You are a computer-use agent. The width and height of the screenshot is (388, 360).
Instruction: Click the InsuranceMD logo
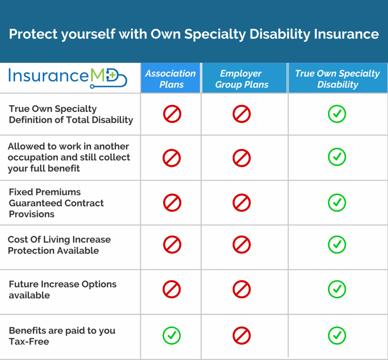click(x=67, y=77)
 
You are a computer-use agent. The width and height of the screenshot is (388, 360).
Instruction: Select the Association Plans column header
click(x=171, y=79)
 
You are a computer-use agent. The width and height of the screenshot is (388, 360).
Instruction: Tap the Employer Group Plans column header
click(x=242, y=79)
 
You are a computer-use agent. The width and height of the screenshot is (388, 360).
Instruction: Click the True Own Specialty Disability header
click(x=337, y=79)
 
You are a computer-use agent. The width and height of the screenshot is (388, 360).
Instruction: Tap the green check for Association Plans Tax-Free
click(x=172, y=335)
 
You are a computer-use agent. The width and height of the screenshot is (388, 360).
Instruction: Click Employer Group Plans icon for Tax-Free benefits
click(x=241, y=335)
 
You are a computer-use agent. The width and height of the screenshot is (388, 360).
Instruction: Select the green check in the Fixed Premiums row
click(x=337, y=203)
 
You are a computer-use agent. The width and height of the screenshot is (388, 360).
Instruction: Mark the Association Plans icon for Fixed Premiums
click(x=172, y=203)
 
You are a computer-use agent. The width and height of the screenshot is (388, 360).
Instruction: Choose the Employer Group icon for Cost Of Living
click(x=241, y=245)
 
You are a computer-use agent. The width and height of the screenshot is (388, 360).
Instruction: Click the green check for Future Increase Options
click(x=337, y=290)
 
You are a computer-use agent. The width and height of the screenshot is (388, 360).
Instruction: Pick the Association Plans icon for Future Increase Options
click(x=172, y=290)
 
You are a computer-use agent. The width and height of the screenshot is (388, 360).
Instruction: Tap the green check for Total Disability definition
click(x=337, y=114)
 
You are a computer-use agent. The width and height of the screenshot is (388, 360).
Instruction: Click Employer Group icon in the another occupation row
click(x=241, y=158)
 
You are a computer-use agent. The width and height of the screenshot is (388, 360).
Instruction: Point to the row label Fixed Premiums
click(x=45, y=192)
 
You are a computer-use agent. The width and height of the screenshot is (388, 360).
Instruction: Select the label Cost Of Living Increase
click(x=59, y=240)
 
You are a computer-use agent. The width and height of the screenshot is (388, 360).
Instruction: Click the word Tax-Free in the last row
click(x=29, y=341)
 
